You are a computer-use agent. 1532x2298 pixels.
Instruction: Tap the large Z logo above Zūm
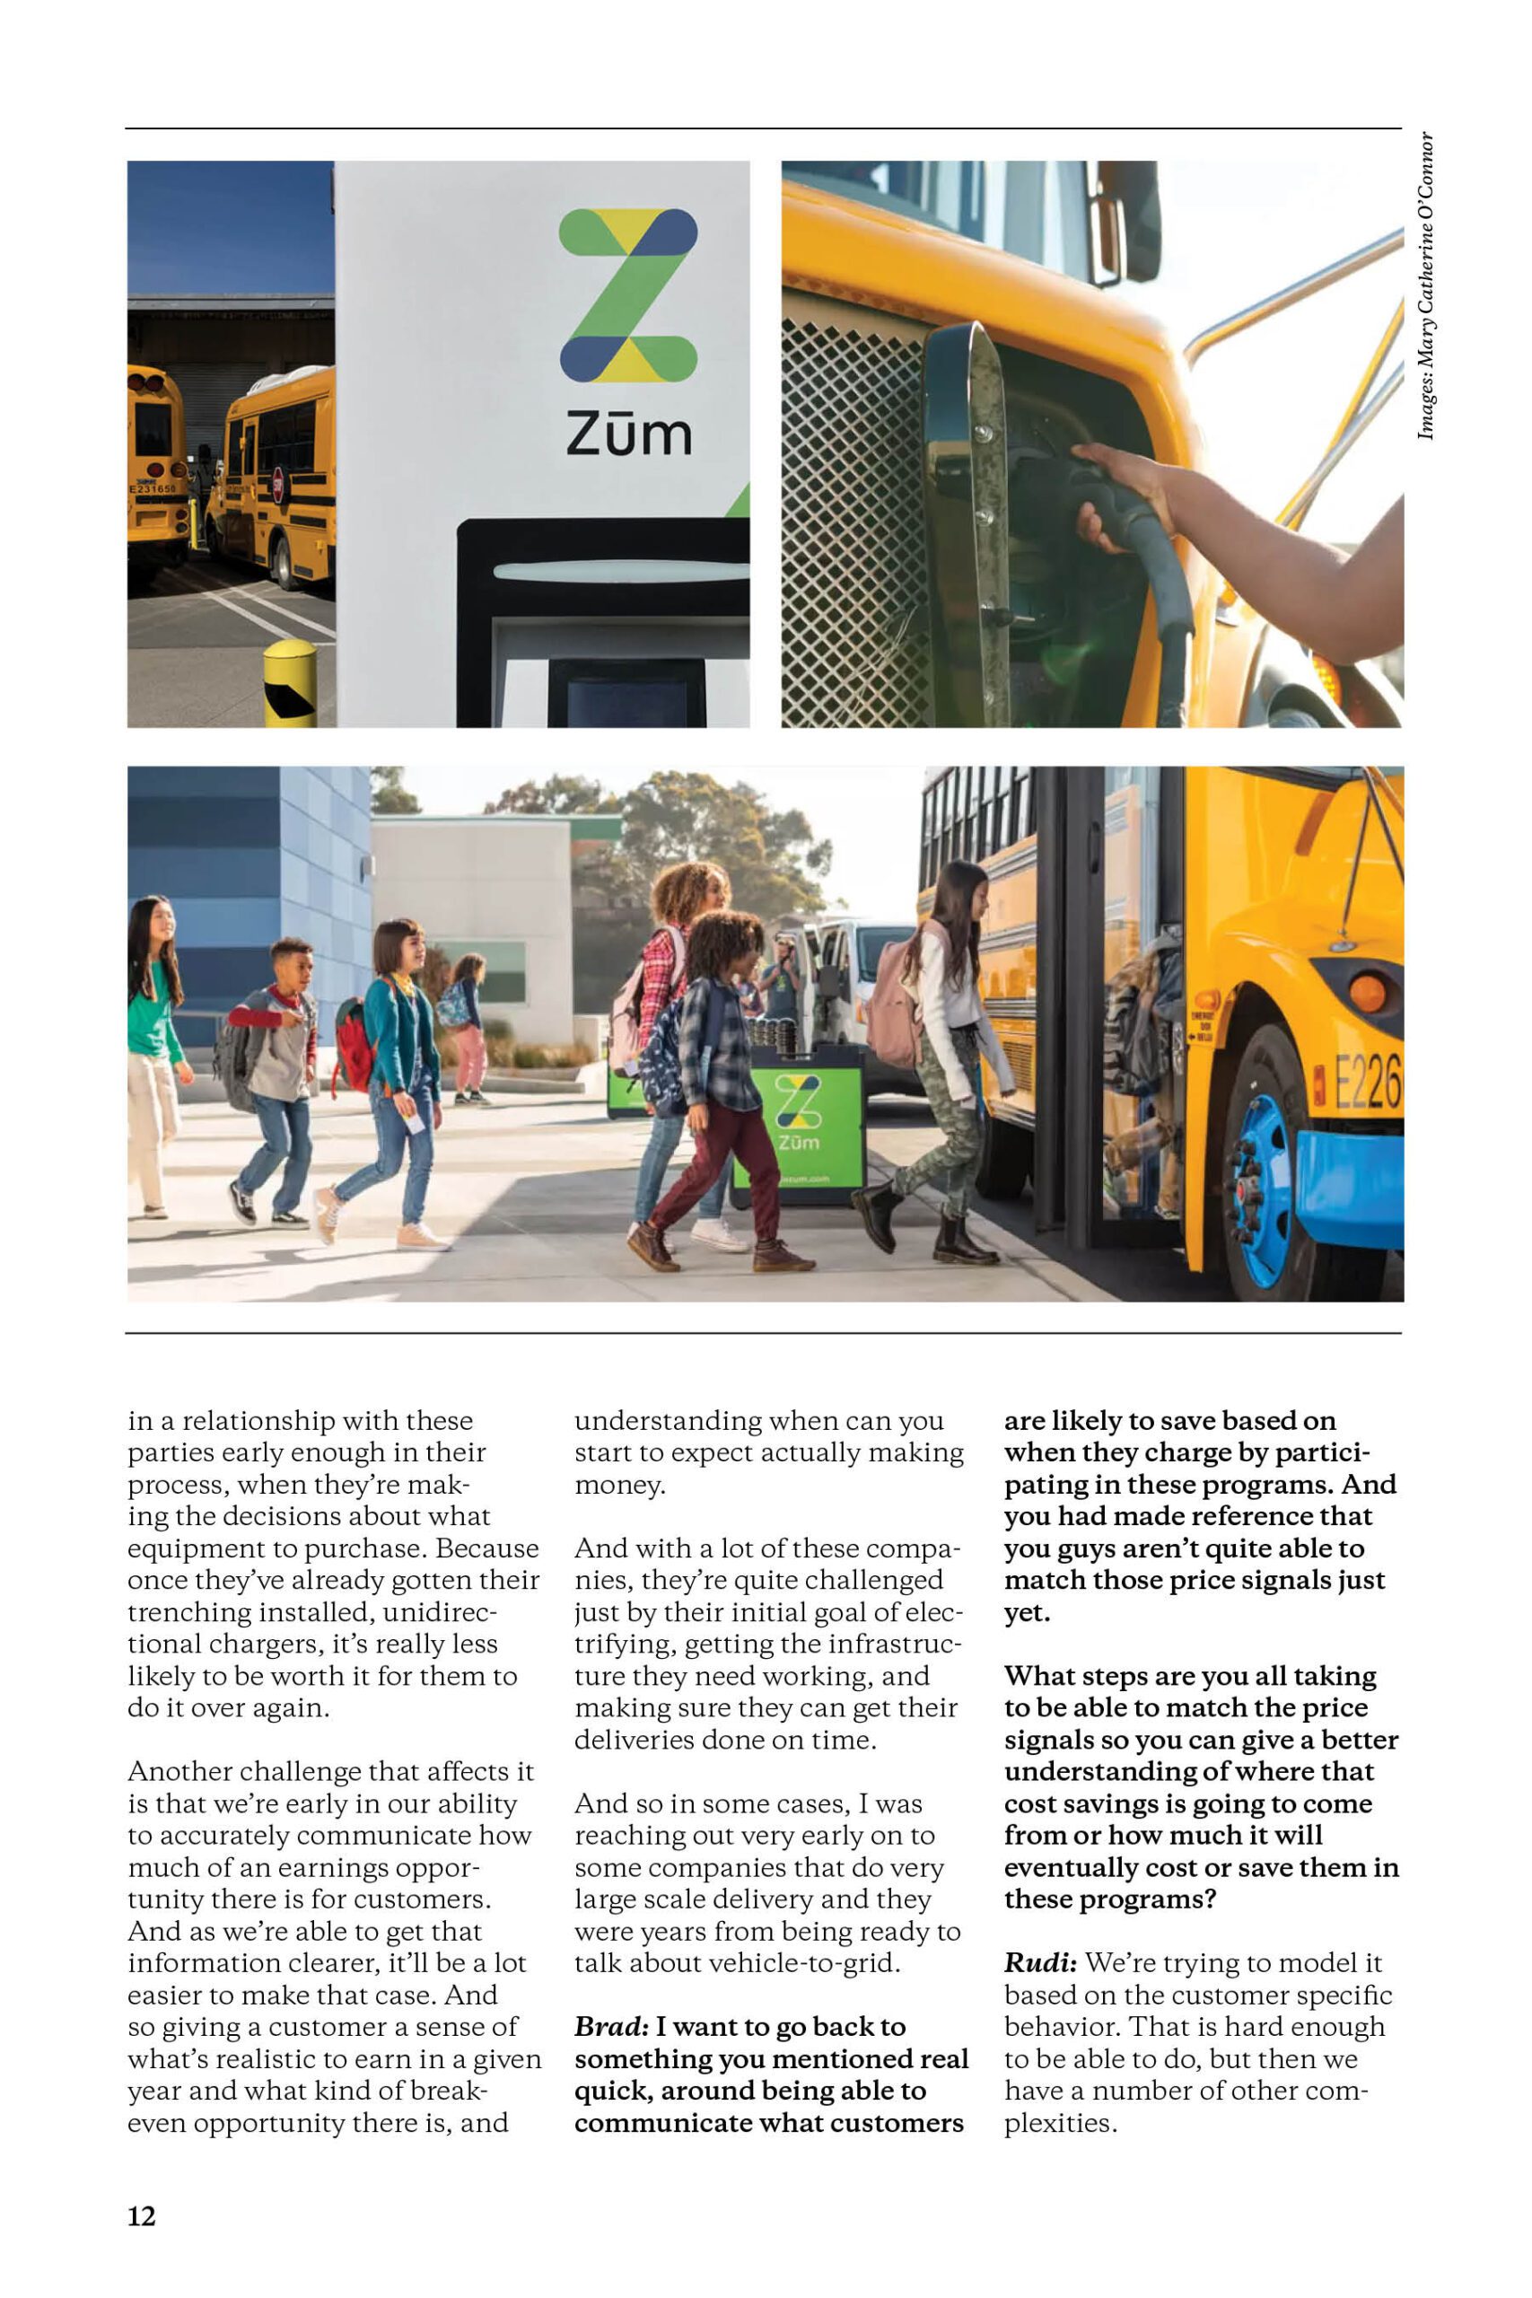click(627, 294)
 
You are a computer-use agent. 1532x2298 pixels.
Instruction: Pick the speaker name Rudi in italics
click(1040, 1963)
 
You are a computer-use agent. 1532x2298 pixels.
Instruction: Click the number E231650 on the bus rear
click(153, 487)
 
